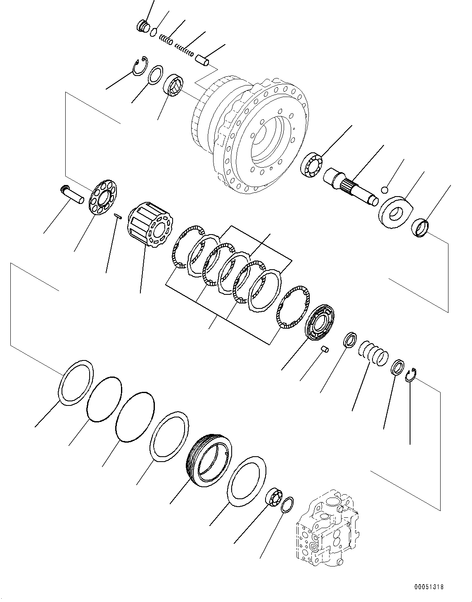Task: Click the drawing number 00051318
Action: (x=430, y=586)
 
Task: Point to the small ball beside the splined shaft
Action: (x=384, y=190)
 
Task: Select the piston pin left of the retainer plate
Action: (x=72, y=194)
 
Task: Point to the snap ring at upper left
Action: (x=139, y=66)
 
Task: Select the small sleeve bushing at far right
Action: (x=421, y=227)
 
